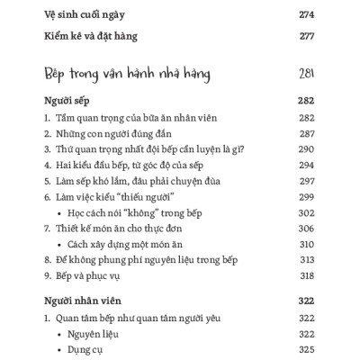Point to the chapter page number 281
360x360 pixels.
[307, 72]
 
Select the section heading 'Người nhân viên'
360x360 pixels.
[82, 301]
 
